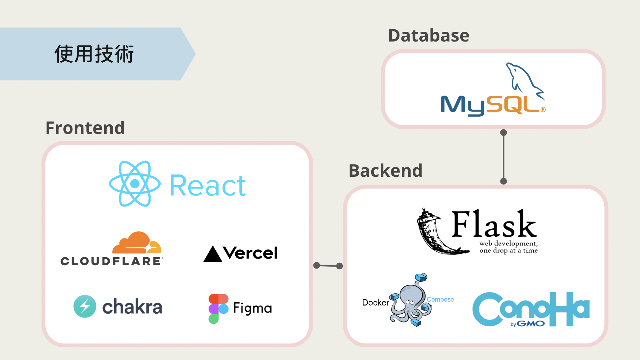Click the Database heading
coord(428,35)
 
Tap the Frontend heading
coord(85,128)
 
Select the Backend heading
coord(385,171)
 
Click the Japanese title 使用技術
coord(94,54)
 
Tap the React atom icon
coord(135,184)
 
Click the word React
coord(208,186)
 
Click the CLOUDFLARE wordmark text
coord(111,261)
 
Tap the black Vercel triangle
coord(213,254)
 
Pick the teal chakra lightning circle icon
coord(85,306)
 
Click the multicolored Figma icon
coord(218,308)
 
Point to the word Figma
coord(252,308)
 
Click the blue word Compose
coord(440,299)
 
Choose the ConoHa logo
coord(531,309)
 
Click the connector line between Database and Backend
coord(503,157)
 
